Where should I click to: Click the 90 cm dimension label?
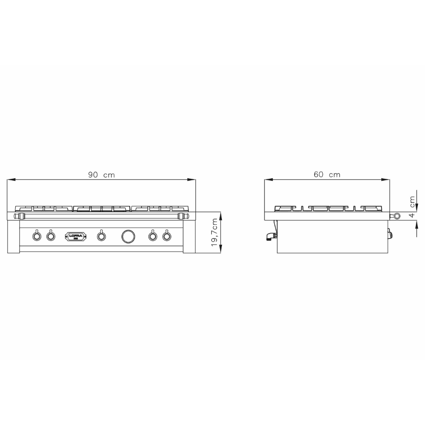[102, 175]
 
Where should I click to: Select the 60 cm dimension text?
[327, 175]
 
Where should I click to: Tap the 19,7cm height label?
[215, 233]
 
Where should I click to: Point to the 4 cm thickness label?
[412, 207]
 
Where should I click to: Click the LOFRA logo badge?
[76, 236]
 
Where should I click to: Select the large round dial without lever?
[128, 236]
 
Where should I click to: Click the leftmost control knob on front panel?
[37, 236]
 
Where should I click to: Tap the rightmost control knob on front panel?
[166, 236]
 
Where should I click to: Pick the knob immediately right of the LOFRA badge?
[101, 236]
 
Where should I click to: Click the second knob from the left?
[50, 236]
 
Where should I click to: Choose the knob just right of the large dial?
[152, 236]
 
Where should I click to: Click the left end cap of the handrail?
[17, 216]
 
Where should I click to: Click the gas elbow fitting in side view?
[270, 237]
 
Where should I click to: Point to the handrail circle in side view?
[396, 216]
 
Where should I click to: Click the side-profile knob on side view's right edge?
[390, 235]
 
